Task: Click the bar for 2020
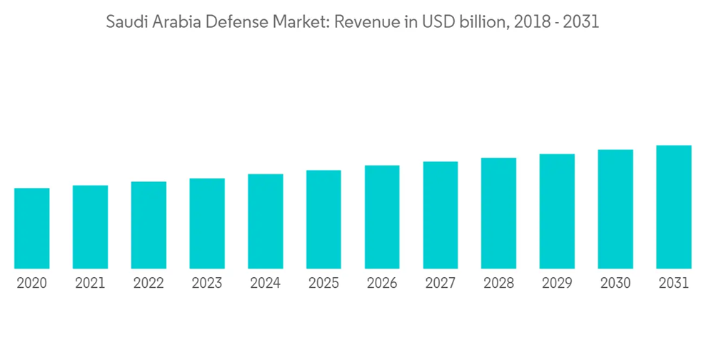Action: click(x=31, y=229)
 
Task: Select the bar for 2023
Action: click(x=207, y=224)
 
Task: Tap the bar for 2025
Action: click(x=323, y=219)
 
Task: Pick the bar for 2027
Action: click(x=441, y=215)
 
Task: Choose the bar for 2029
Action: click(x=557, y=211)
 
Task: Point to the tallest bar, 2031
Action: click(x=674, y=207)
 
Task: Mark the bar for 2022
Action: click(x=149, y=225)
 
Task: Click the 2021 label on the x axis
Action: click(x=90, y=284)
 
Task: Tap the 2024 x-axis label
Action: click(x=265, y=284)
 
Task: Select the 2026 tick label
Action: click(x=382, y=284)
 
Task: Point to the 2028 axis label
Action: click(x=498, y=284)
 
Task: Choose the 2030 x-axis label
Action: click(x=615, y=284)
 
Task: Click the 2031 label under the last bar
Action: click(x=674, y=284)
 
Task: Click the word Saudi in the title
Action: click(x=124, y=22)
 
